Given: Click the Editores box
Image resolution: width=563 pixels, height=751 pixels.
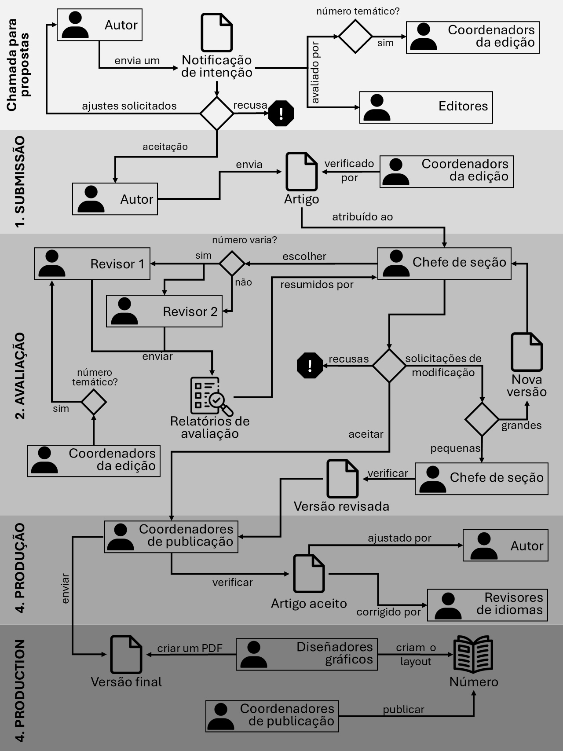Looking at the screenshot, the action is [x=426, y=107].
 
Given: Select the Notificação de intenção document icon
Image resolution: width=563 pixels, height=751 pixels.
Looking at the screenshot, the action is [x=216, y=33].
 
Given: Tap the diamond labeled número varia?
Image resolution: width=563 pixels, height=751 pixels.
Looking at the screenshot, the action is [x=232, y=264].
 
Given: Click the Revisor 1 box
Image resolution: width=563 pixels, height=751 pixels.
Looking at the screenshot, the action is [x=92, y=264].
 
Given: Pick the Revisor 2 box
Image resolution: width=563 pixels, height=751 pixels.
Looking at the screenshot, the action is [x=164, y=311].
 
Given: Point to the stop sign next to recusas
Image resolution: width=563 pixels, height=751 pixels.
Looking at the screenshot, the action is [x=310, y=365].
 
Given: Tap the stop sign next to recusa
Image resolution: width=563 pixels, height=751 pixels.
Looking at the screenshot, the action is [x=281, y=114].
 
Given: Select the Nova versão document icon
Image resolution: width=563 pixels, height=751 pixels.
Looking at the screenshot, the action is [x=526, y=352].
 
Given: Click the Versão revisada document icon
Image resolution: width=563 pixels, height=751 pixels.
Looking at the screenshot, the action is [x=343, y=479].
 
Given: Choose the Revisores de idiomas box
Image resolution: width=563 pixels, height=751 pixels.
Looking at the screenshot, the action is [x=487, y=605].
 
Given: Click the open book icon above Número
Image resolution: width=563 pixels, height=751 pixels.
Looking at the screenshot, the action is [x=473, y=654].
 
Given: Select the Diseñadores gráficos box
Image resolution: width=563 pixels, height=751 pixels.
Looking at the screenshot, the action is [x=307, y=654].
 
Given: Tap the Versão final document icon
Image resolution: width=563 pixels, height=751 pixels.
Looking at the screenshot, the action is [x=126, y=654].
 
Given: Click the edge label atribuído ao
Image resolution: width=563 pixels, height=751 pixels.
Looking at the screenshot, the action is [x=362, y=216].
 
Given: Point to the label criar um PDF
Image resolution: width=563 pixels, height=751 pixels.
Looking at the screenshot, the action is [x=190, y=648].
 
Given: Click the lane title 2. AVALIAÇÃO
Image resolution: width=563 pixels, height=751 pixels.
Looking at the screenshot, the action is [x=20, y=376].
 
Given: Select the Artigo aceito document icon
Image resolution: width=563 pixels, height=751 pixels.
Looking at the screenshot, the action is [x=309, y=573].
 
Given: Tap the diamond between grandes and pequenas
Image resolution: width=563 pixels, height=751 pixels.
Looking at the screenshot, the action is [x=482, y=419].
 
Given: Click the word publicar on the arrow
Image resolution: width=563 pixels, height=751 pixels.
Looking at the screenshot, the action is [x=403, y=709].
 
